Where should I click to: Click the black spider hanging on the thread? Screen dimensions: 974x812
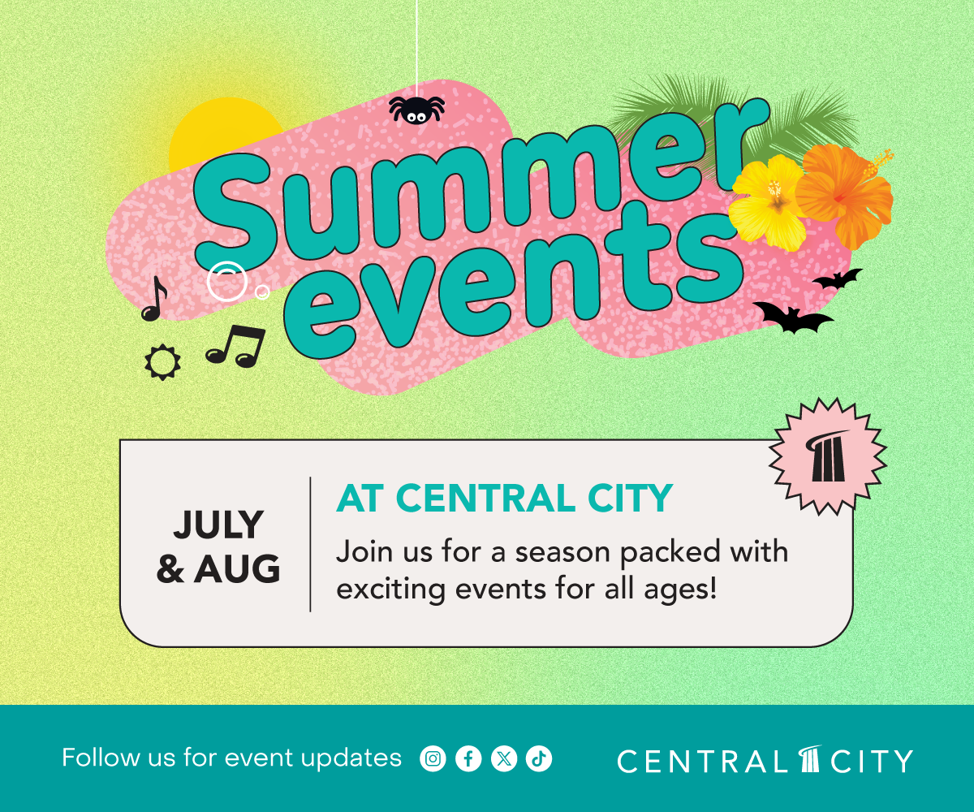pos(416,109)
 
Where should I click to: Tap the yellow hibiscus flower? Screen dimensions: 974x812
pos(769,201)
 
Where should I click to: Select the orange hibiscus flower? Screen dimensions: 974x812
pos(845,196)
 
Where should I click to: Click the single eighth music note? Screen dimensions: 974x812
pos(155,299)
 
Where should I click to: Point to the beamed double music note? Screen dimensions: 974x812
pos(236,345)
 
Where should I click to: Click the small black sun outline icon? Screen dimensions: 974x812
pos(162,362)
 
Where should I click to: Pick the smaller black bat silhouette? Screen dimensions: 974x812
pos(838,279)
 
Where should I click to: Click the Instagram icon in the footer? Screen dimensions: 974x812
pos(433,758)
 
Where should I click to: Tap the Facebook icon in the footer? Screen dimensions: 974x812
pos(468,758)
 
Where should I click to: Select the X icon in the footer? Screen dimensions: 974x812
pos(504,758)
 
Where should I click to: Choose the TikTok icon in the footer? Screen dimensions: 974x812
pos(539,758)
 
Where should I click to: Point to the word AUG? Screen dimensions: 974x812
pos(238,568)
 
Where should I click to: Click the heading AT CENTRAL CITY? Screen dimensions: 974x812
pos(504,498)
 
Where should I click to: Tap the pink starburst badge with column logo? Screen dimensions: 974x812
pos(828,456)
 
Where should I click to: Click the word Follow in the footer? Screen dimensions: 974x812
pos(101,758)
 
